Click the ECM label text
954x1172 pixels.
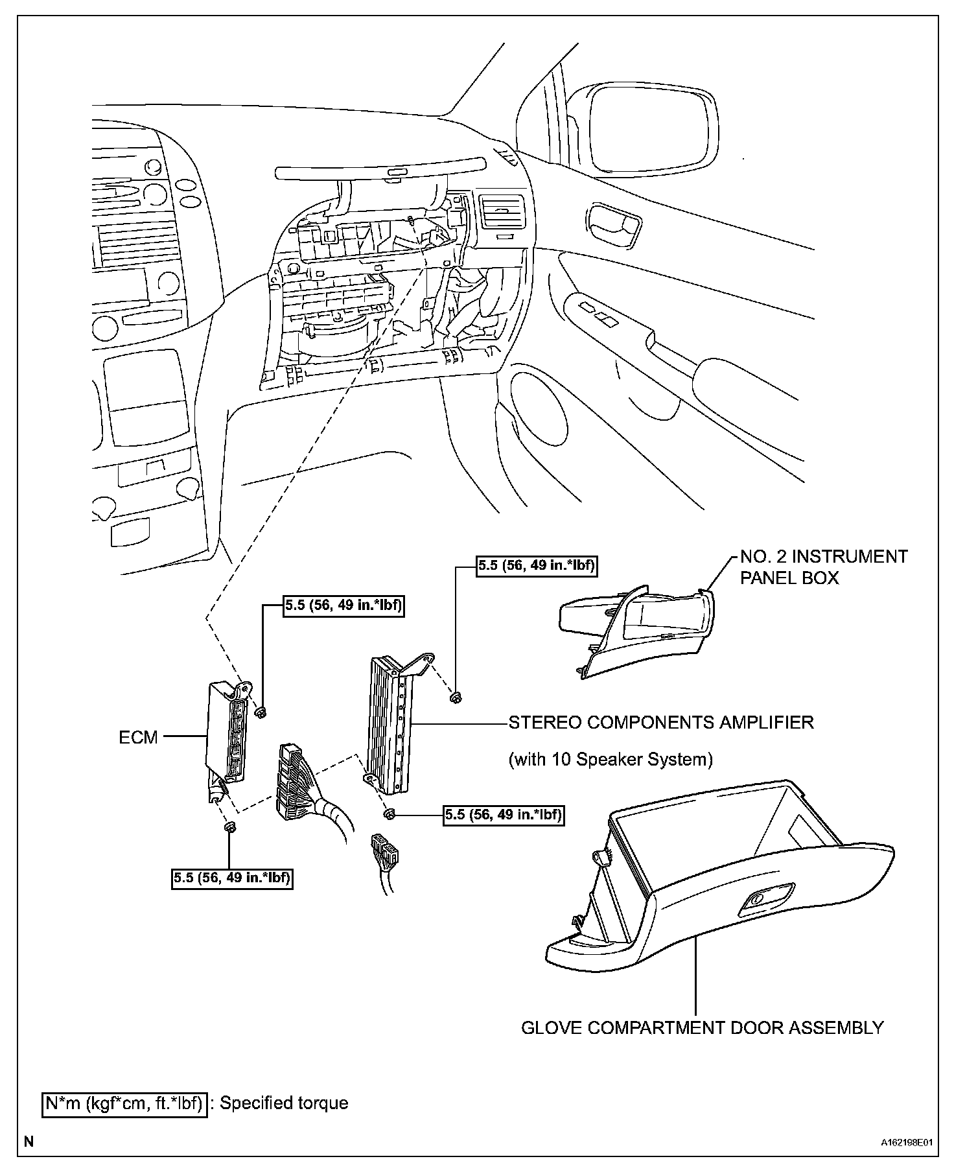click(138, 737)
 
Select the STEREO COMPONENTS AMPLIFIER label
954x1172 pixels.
click(660, 722)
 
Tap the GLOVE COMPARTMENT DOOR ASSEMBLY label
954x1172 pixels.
click(702, 1027)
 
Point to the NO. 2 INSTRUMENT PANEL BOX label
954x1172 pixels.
click(824, 566)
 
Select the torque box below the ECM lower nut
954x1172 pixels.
click(232, 878)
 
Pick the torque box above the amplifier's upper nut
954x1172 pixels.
click(537, 565)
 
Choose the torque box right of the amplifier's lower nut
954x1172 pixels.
click(503, 814)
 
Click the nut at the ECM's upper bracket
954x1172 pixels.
click(261, 712)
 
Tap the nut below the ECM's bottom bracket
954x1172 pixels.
click(229, 827)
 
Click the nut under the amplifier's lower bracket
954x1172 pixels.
click(388, 814)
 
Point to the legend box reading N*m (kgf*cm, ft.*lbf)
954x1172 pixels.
click(124, 1103)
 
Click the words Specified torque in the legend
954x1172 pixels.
click(284, 1103)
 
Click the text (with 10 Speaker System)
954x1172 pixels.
click(610, 758)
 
